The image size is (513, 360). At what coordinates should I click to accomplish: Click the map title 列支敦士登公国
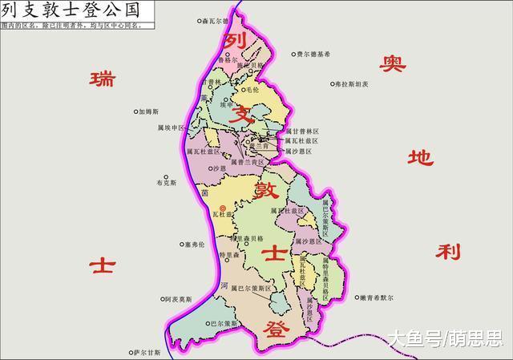[70, 10]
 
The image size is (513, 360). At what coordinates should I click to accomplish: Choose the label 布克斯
[166, 183]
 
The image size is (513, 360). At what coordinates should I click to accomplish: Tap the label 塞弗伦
[193, 244]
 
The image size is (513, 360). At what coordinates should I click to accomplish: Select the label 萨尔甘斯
[147, 352]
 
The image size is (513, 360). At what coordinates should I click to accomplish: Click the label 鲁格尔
[229, 59]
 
